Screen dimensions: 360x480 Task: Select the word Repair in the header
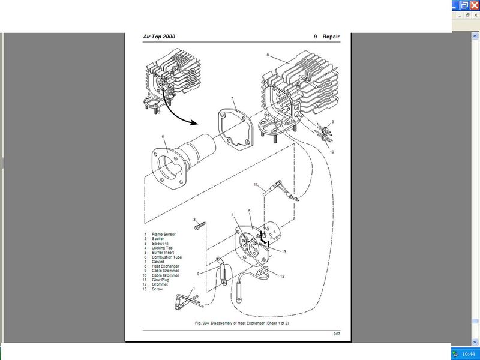coord(331,37)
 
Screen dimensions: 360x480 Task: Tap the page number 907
coord(337,334)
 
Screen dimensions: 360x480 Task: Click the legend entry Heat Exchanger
coord(166,266)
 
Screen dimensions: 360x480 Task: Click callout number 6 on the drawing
coord(163,137)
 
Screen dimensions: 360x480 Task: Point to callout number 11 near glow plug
coord(255,185)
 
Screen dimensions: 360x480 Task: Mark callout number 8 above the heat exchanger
coord(268,55)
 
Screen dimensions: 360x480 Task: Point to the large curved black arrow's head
coord(194,122)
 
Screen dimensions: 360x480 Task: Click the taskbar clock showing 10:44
coord(468,353)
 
